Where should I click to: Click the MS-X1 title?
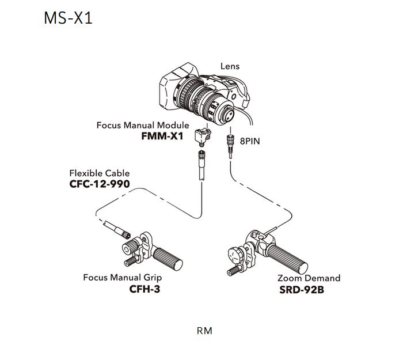tap(68, 18)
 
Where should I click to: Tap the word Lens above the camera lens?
tap(230, 66)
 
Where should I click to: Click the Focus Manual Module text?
tap(142, 125)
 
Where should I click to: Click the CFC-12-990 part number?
tap(99, 184)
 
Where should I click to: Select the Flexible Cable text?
tap(99, 173)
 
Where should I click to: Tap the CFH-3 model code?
tap(145, 289)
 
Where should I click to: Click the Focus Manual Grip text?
tap(121, 278)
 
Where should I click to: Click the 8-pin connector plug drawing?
tap(229, 143)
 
